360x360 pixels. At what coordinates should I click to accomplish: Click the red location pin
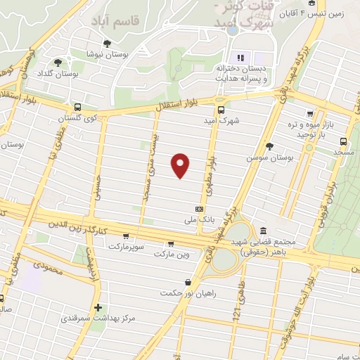pyautogui.click(x=181, y=165)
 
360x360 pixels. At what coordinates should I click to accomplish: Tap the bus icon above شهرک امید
pyautogui.click(x=222, y=110)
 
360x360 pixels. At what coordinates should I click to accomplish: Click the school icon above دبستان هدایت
pyautogui.click(x=241, y=58)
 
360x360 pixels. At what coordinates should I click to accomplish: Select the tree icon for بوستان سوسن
pyautogui.click(x=269, y=146)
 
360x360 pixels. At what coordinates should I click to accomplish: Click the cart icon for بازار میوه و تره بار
pyautogui.click(x=309, y=113)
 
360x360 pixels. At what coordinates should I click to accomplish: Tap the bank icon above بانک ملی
pyautogui.click(x=199, y=209)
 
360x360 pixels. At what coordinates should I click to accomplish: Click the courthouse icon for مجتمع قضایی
pyautogui.click(x=263, y=230)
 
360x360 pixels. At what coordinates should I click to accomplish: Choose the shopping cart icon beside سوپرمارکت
pyautogui.click(x=125, y=236)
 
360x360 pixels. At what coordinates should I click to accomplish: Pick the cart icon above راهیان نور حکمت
pyautogui.click(x=187, y=282)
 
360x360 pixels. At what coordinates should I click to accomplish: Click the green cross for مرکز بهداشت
pyautogui.click(x=98, y=307)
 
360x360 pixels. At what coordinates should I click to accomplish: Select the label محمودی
pyautogui.click(x=48, y=269)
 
